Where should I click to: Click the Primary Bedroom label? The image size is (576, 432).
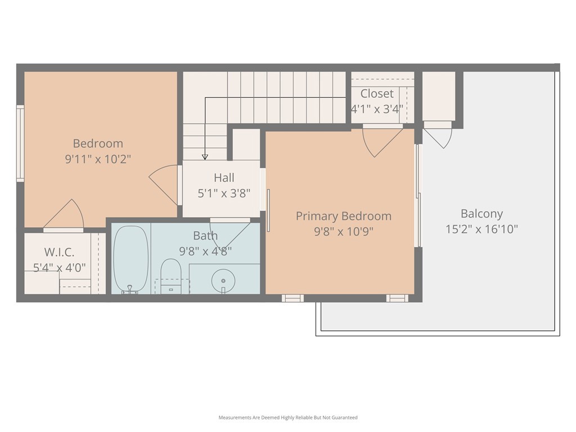click(x=344, y=216)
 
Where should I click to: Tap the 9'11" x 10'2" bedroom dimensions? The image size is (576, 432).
click(x=98, y=159)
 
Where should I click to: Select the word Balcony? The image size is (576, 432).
click(x=481, y=214)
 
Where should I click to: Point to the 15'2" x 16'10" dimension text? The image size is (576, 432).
click(x=481, y=229)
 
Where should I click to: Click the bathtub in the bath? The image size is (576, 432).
click(x=130, y=259)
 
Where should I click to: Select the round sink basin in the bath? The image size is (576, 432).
click(x=223, y=281)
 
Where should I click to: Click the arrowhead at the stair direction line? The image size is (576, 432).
click(x=205, y=157)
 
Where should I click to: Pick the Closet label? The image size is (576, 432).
click(x=377, y=94)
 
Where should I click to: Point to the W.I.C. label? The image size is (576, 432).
click(x=59, y=253)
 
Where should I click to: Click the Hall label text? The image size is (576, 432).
click(x=224, y=178)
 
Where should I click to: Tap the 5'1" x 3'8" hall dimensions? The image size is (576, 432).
click(x=224, y=193)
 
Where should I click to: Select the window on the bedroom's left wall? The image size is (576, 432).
click(x=20, y=143)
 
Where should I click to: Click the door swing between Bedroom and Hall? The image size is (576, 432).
click(x=164, y=184)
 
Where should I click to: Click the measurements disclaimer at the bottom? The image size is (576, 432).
click(x=288, y=417)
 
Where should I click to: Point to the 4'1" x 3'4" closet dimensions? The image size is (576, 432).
click(x=377, y=109)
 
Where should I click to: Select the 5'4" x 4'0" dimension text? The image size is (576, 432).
click(x=59, y=268)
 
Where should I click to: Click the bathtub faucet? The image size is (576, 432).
click(x=129, y=290)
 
